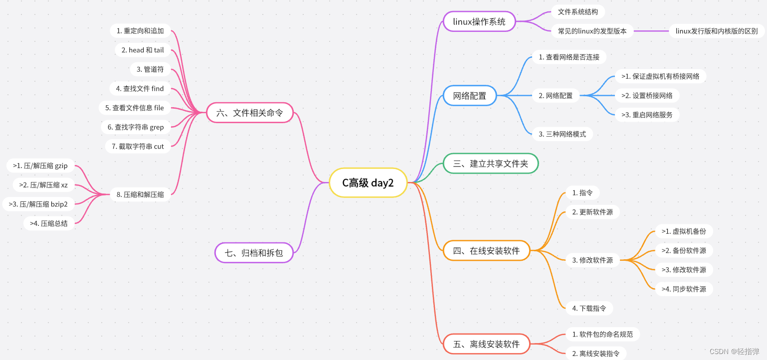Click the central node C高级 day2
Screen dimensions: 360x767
coord(368,182)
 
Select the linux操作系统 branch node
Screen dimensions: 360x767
coord(479,21)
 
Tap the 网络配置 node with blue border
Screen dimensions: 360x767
coord(470,95)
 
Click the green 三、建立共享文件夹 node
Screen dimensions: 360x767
coord(491,164)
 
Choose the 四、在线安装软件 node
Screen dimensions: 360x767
coord(486,250)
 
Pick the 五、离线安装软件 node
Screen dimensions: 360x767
coord(486,344)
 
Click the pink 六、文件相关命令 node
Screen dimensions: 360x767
coord(249,113)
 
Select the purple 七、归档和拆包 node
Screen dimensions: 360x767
coord(254,253)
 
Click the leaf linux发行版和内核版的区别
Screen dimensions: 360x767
coord(716,31)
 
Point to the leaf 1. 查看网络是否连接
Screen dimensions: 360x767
coord(569,57)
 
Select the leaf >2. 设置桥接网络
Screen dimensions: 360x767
coord(647,95)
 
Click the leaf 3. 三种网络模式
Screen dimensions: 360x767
coord(562,134)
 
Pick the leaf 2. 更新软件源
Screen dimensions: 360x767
coord(592,212)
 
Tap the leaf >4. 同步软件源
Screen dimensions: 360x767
coord(684,289)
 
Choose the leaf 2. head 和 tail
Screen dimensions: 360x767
coord(142,50)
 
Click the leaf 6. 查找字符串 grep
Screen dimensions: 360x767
coord(135,127)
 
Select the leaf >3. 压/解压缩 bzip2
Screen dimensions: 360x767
coord(38,203)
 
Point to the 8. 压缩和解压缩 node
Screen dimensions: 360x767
coord(140,194)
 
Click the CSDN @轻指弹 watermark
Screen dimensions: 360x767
coord(734,351)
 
